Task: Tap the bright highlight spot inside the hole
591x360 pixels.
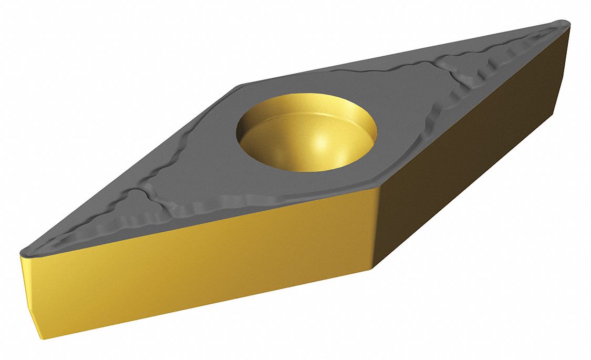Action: point(318,141)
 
